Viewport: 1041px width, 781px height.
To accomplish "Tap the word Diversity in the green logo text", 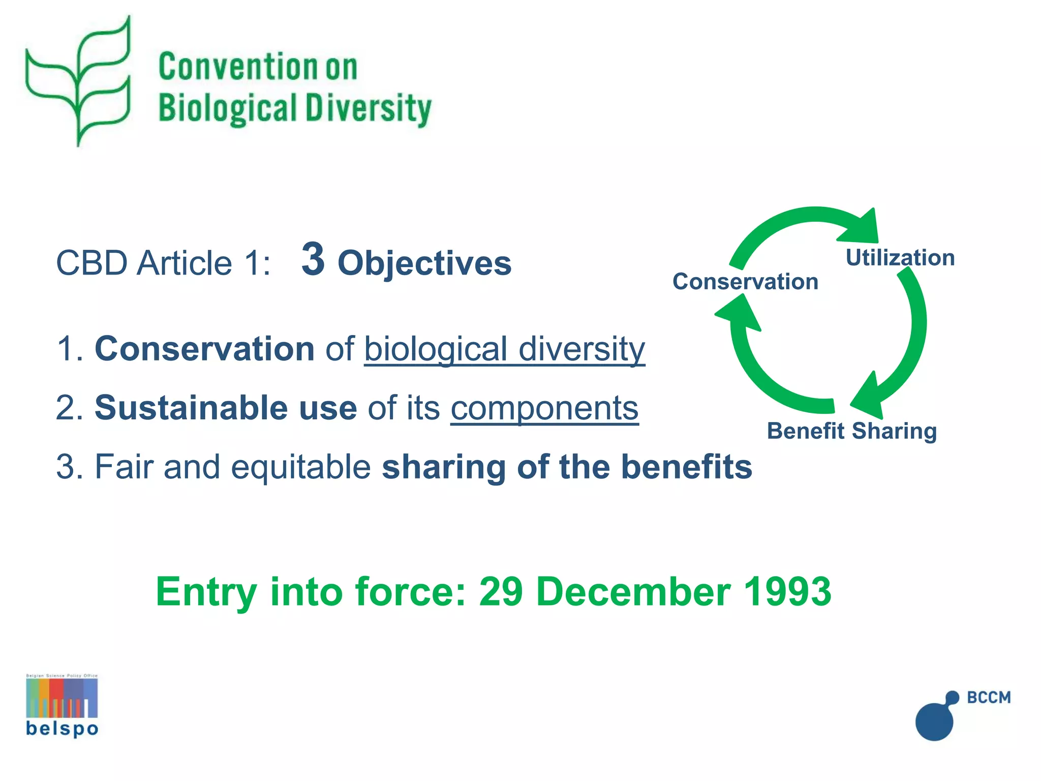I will click(x=368, y=109).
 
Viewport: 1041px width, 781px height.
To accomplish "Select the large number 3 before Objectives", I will click(x=313, y=259).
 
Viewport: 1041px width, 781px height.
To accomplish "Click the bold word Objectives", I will click(x=424, y=263).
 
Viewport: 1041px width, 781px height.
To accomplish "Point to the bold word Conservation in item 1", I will click(x=204, y=349).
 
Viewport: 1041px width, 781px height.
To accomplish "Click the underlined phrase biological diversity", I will click(x=504, y=350).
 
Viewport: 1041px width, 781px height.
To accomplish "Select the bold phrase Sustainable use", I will click(x=226, y=408).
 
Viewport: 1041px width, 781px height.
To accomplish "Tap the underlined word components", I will click(x=544, y=409).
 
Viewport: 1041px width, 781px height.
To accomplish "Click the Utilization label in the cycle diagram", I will click(x=900, y=258).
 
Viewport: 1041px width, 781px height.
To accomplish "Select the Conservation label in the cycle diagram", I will click(x=745, y=282).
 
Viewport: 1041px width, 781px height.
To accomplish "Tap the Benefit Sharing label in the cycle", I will click(x=851, y=431).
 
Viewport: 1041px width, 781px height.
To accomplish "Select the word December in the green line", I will click(x=633, y=592).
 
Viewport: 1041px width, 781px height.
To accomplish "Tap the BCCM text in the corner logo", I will click(x=989, y=697).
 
